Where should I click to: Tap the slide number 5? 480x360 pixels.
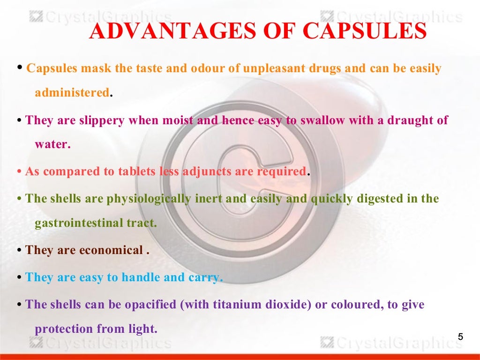460,337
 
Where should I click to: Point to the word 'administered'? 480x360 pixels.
72,92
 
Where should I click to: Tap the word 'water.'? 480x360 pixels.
52,144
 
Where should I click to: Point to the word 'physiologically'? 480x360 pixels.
149,198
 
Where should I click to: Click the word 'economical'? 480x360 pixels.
110,250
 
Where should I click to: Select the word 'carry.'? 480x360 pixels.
205,277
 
